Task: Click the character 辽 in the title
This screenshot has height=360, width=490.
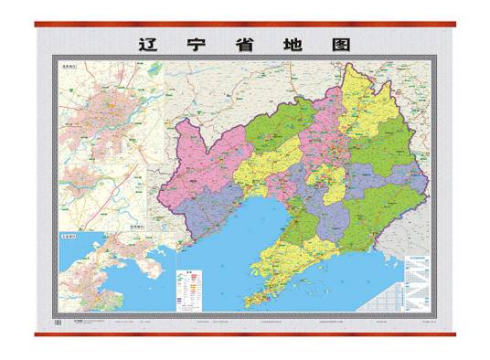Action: pyautogui.click(x=146, y=43)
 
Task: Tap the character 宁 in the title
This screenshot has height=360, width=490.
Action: pyautogui.click(x=200, y=43)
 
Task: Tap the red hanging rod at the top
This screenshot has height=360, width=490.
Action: pyautogui.click(x=245, y=24)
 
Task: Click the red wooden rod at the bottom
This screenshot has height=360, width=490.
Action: pyautogui.click(x=245, y=333)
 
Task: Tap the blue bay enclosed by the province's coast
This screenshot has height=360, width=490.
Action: pyautogui.click(x=247, y=228)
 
